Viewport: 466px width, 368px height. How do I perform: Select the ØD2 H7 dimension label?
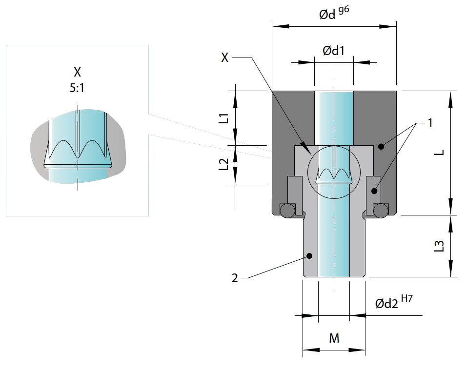pyautogui.click(x=393, y=302)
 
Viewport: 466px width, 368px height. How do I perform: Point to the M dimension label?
pyautogui.click(x=334, y=337)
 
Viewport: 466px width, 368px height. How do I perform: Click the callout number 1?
pyautogui.click(x=430, y=123)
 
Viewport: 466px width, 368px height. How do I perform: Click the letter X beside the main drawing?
pyautogui.click(x=224, y=58)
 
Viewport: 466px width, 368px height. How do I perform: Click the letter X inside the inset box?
pyautogui.click(x=77, y=73)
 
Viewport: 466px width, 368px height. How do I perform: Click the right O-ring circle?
pyautogui.click(x=380, y=210)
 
